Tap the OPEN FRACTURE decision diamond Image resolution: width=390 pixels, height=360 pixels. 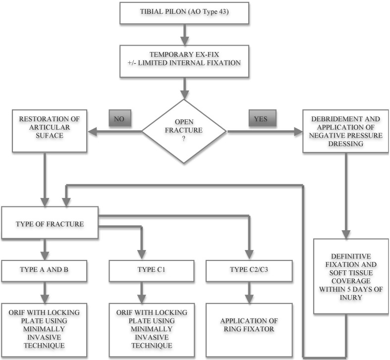pyautogui.click(x=184, y=131)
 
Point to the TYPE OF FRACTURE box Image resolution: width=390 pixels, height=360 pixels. pyautogui.click(x=51, y=223)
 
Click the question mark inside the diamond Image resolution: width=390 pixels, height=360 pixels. pyautogui.click(x=184, y=143)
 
